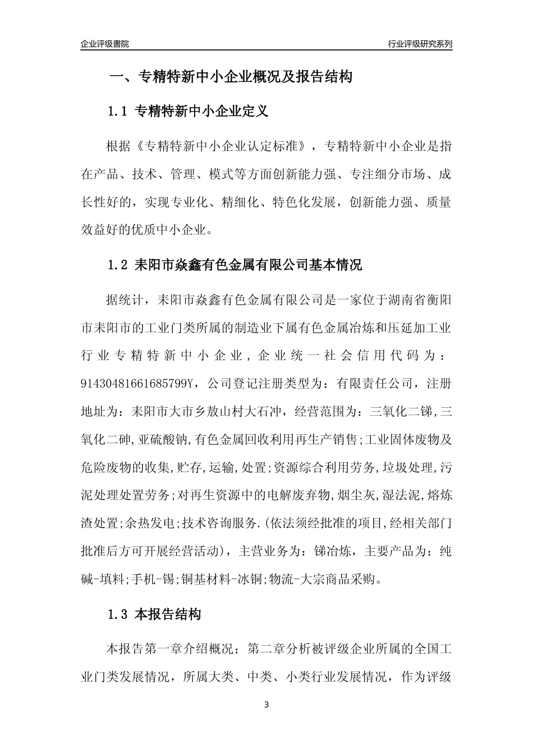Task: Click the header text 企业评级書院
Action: point(105,44)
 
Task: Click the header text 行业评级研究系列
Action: point(420,44)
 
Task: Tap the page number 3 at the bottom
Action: point(266,705)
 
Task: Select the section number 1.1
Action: point(119,112)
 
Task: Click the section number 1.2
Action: point(119,265)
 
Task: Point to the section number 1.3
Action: point(119,615)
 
